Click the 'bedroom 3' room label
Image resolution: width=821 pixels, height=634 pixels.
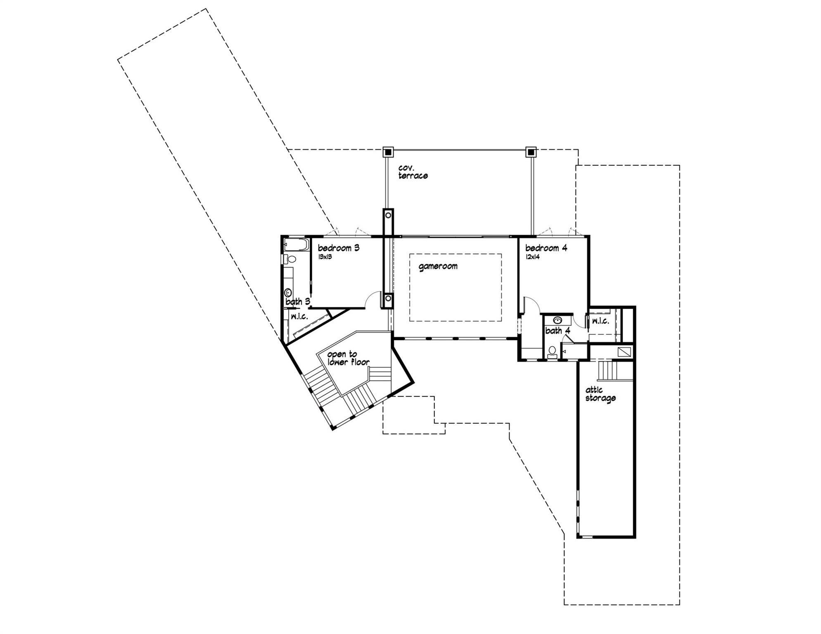(338, 248)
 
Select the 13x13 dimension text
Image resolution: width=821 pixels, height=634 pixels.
(325, 257)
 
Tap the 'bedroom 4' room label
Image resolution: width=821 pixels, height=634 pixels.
(546, 248)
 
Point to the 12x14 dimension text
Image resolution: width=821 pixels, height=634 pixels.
(532, 257)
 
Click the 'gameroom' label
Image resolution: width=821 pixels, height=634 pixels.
(438, 266)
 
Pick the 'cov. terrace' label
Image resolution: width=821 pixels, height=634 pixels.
(413, 172)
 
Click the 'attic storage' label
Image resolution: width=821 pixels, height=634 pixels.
(600, 394)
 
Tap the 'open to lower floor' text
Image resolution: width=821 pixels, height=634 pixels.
(348, 358)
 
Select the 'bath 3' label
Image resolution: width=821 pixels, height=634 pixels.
(298, 302)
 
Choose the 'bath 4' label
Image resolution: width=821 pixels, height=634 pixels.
(558, 331)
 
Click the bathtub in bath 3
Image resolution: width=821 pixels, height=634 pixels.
(296, 245)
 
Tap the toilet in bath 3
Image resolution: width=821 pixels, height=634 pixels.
(290, 259)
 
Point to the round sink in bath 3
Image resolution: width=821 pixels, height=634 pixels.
(288, 293)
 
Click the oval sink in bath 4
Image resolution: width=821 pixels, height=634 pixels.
(558, 320)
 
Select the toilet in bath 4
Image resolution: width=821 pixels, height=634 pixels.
(552, 352)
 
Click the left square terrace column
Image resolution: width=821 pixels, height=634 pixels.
(388, 152)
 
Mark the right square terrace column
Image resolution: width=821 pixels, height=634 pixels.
(531, 152)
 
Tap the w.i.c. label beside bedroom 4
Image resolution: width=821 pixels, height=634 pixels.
(600, 321)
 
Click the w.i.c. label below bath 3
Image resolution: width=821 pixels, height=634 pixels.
(299, 317)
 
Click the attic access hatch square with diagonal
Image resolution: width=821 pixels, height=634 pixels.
(624, 351)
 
